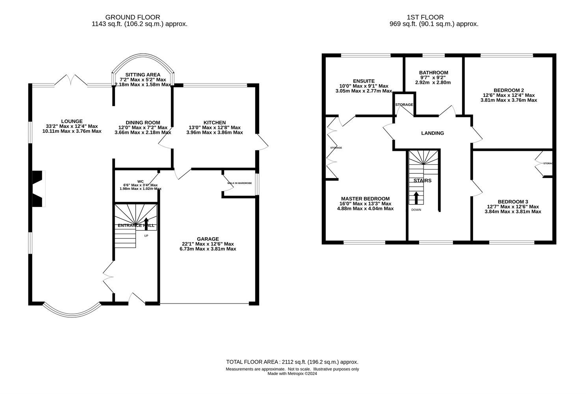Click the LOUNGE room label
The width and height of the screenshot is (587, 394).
[72, 121]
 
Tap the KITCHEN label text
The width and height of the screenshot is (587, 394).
[215, 123]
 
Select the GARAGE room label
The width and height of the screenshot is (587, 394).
[208, 239]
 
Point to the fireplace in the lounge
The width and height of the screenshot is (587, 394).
[38, 189]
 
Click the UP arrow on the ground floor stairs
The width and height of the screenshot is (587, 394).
[147, 223]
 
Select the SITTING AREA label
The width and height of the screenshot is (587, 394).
[143, 74]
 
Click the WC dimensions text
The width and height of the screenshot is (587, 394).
[140, 187]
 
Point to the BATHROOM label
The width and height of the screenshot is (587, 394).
[433, 72]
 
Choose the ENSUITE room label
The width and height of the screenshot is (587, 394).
[364, 81]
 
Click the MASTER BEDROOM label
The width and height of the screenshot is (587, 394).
[365, 199]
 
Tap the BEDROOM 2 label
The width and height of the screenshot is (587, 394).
[508, 90]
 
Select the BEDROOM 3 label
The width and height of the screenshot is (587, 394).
[512, 201]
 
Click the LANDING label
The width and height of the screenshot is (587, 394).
[433, 133]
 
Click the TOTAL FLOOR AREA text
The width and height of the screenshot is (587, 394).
[292, 362]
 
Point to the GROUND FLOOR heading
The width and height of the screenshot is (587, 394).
[133, 17]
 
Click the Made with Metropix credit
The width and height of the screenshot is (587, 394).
[292, 374]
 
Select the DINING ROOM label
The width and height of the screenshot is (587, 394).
[143, 123]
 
